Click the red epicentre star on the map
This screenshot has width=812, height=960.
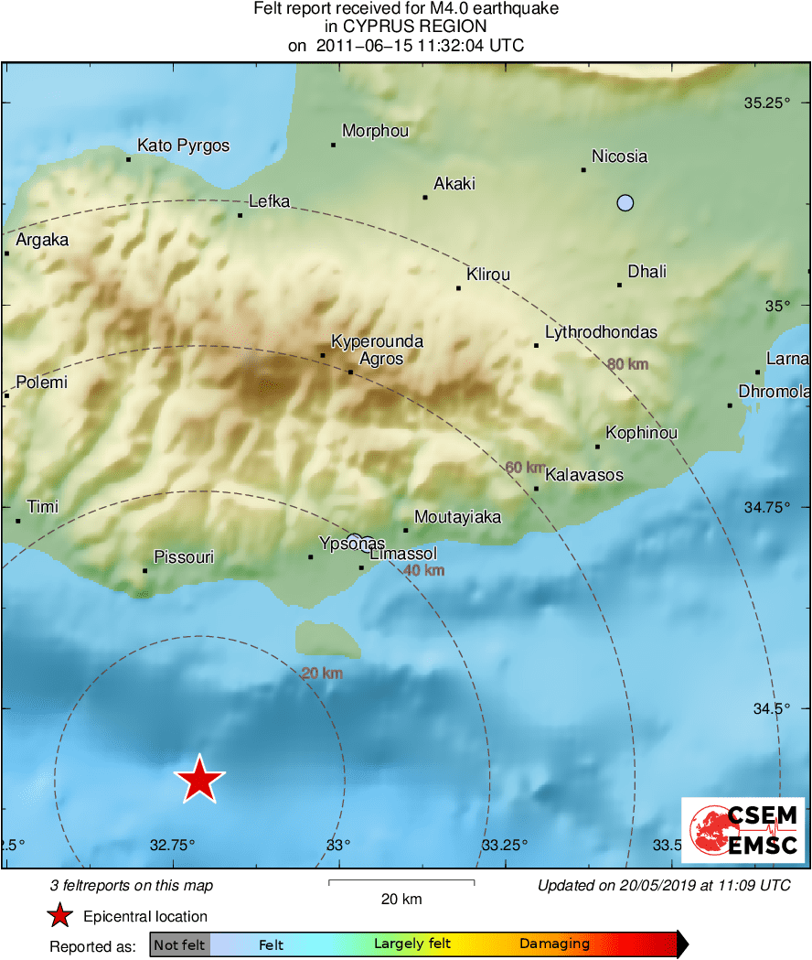[198, 780]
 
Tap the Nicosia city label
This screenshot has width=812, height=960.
[619, 156]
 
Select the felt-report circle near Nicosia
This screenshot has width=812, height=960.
[625, 203]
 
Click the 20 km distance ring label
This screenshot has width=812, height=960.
[322, 674]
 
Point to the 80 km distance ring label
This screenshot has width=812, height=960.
[628, 364]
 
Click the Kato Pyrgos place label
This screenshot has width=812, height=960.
[183, 146]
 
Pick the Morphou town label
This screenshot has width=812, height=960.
[375, 132]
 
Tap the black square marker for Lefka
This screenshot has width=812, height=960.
[240, 215]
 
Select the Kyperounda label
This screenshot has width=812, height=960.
[377, 342]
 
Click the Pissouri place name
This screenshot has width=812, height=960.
[184, 556]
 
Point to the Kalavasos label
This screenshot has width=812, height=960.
[583, 475]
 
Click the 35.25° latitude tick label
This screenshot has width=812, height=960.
[766, 102]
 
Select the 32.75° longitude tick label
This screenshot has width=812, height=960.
[173, 844]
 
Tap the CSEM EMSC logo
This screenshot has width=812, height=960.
[743, 829]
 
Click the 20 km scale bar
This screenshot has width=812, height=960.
[401, 883]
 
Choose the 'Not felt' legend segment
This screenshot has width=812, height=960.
[179, 944]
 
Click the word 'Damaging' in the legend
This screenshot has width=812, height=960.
[554, 944]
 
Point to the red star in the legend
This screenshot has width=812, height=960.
[59, 916]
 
